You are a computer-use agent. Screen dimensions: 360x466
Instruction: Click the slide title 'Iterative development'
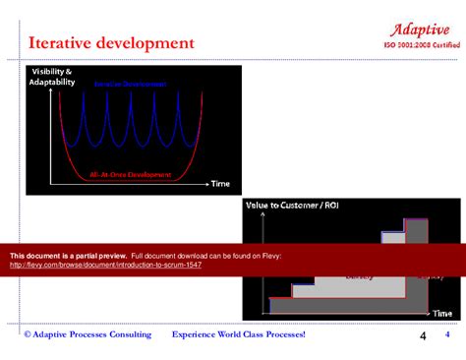pos(111,42)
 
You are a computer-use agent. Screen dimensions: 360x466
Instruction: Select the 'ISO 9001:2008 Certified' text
pos(421,45)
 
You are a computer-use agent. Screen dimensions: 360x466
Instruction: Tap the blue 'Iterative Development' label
pos(130,86)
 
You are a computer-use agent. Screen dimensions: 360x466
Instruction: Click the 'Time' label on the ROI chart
pos(442,313)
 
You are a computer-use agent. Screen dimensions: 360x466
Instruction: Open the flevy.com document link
pos(105,266)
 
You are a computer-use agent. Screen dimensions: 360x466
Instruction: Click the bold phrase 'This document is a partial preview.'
pos(68,256)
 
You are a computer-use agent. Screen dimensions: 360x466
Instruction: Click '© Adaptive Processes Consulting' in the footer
pos(87,335)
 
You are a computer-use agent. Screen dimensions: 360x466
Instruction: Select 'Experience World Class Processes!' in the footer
pos(239,335)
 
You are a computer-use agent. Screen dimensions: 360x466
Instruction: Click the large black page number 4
pos(423,337)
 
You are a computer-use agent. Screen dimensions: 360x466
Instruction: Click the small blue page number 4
pos(447,335)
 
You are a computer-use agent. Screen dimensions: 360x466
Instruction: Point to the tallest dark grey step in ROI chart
pos(417,236)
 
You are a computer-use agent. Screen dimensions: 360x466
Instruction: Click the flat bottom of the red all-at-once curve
pos(128,180)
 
